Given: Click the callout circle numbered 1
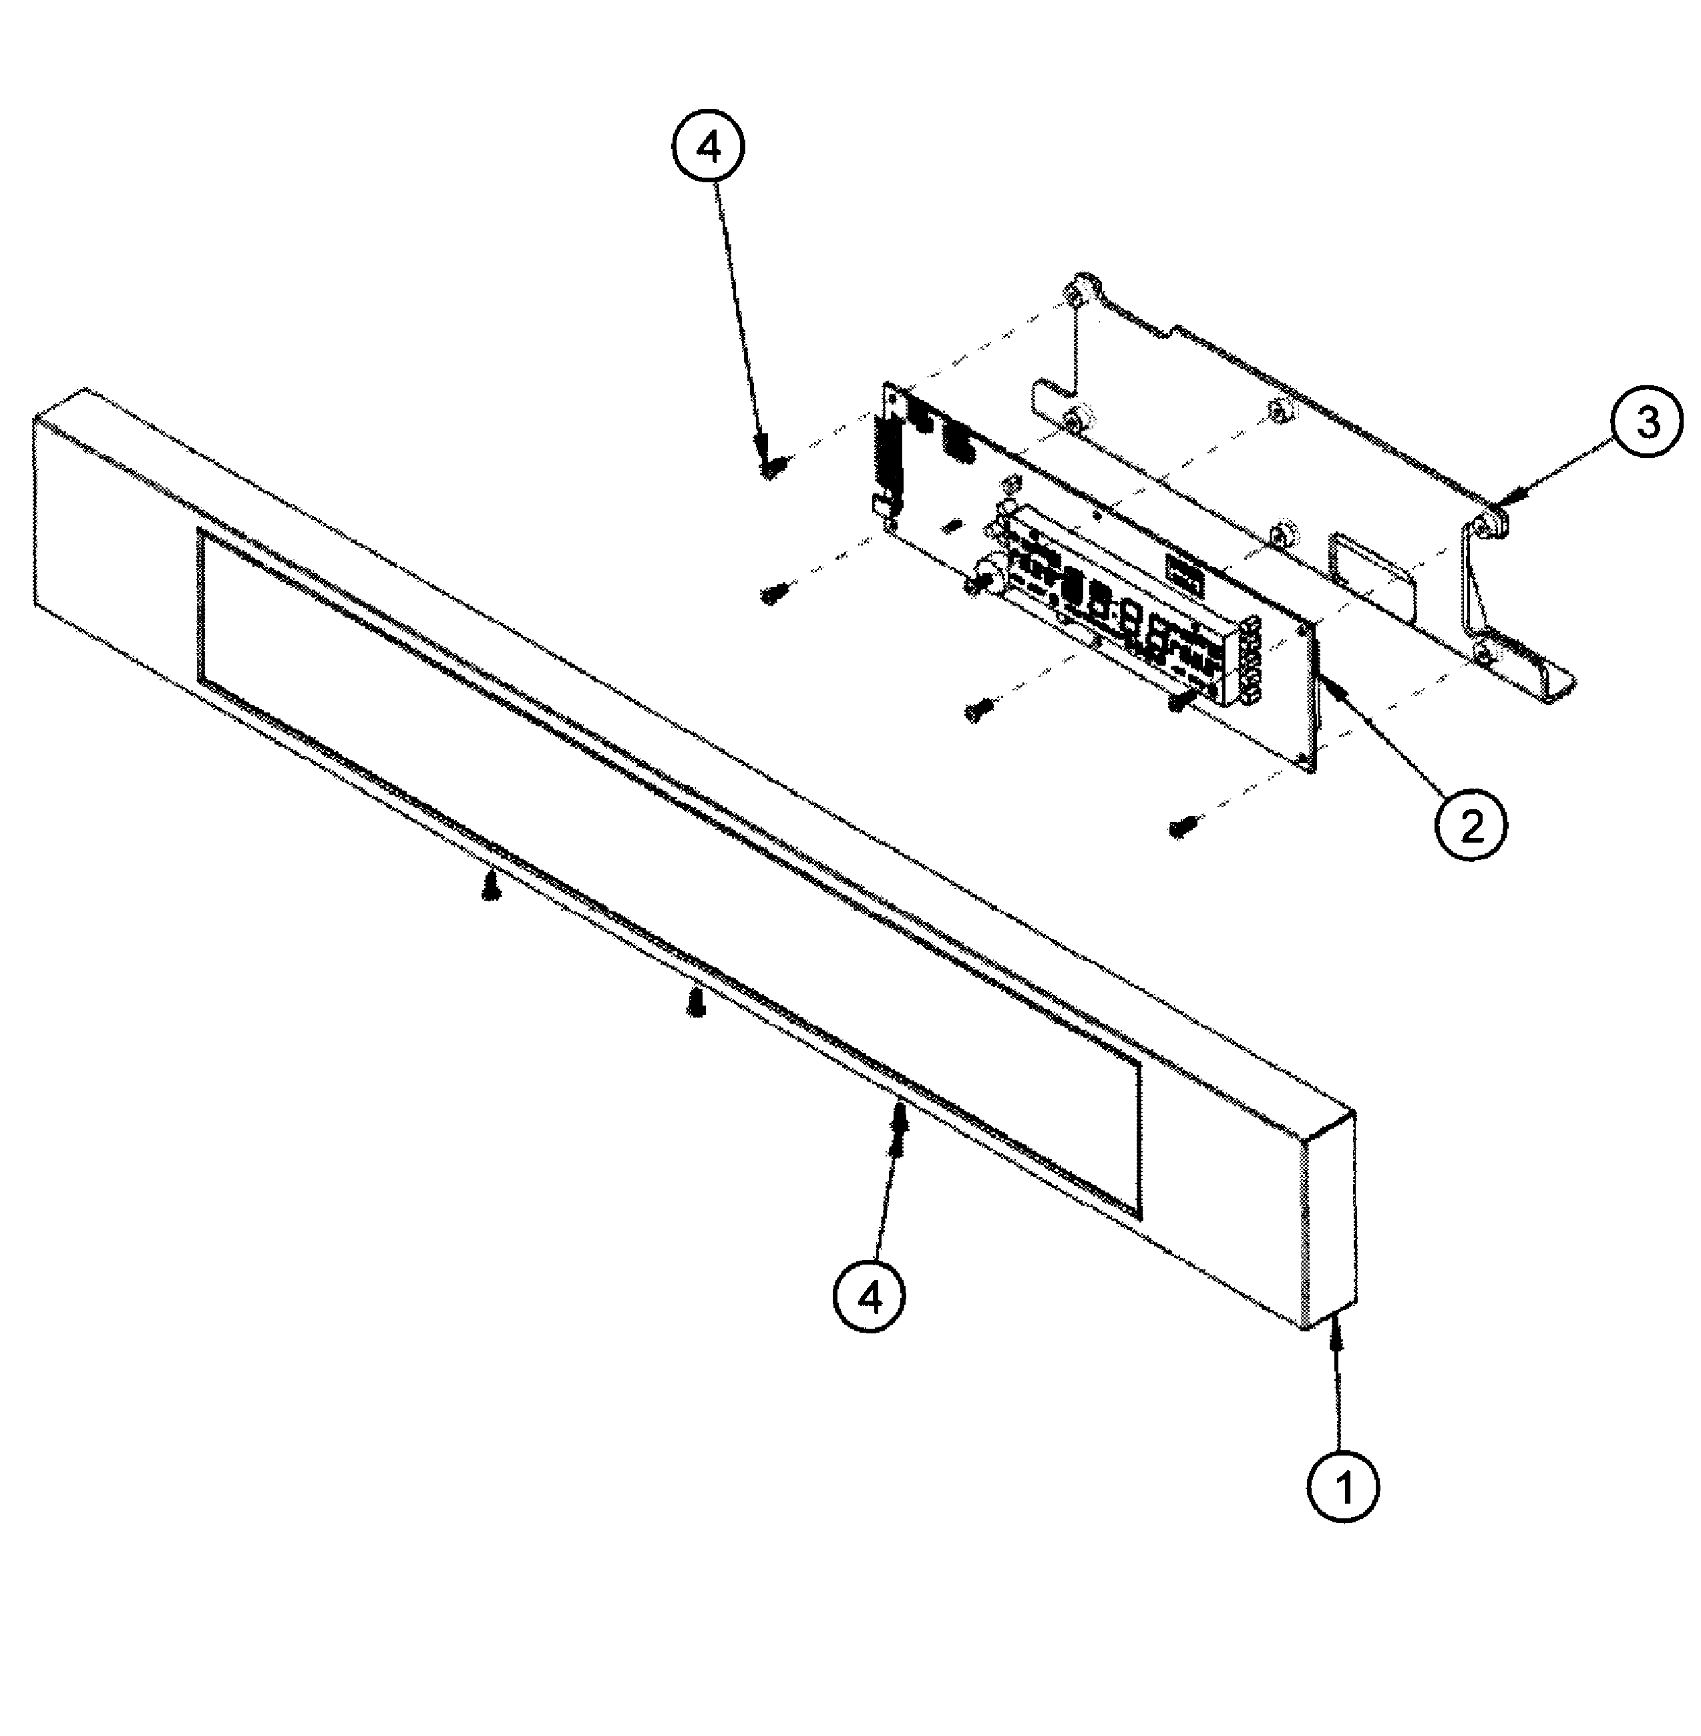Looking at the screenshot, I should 1343,1487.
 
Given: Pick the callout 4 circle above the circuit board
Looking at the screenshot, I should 707,149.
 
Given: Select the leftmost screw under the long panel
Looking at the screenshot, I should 490,887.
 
